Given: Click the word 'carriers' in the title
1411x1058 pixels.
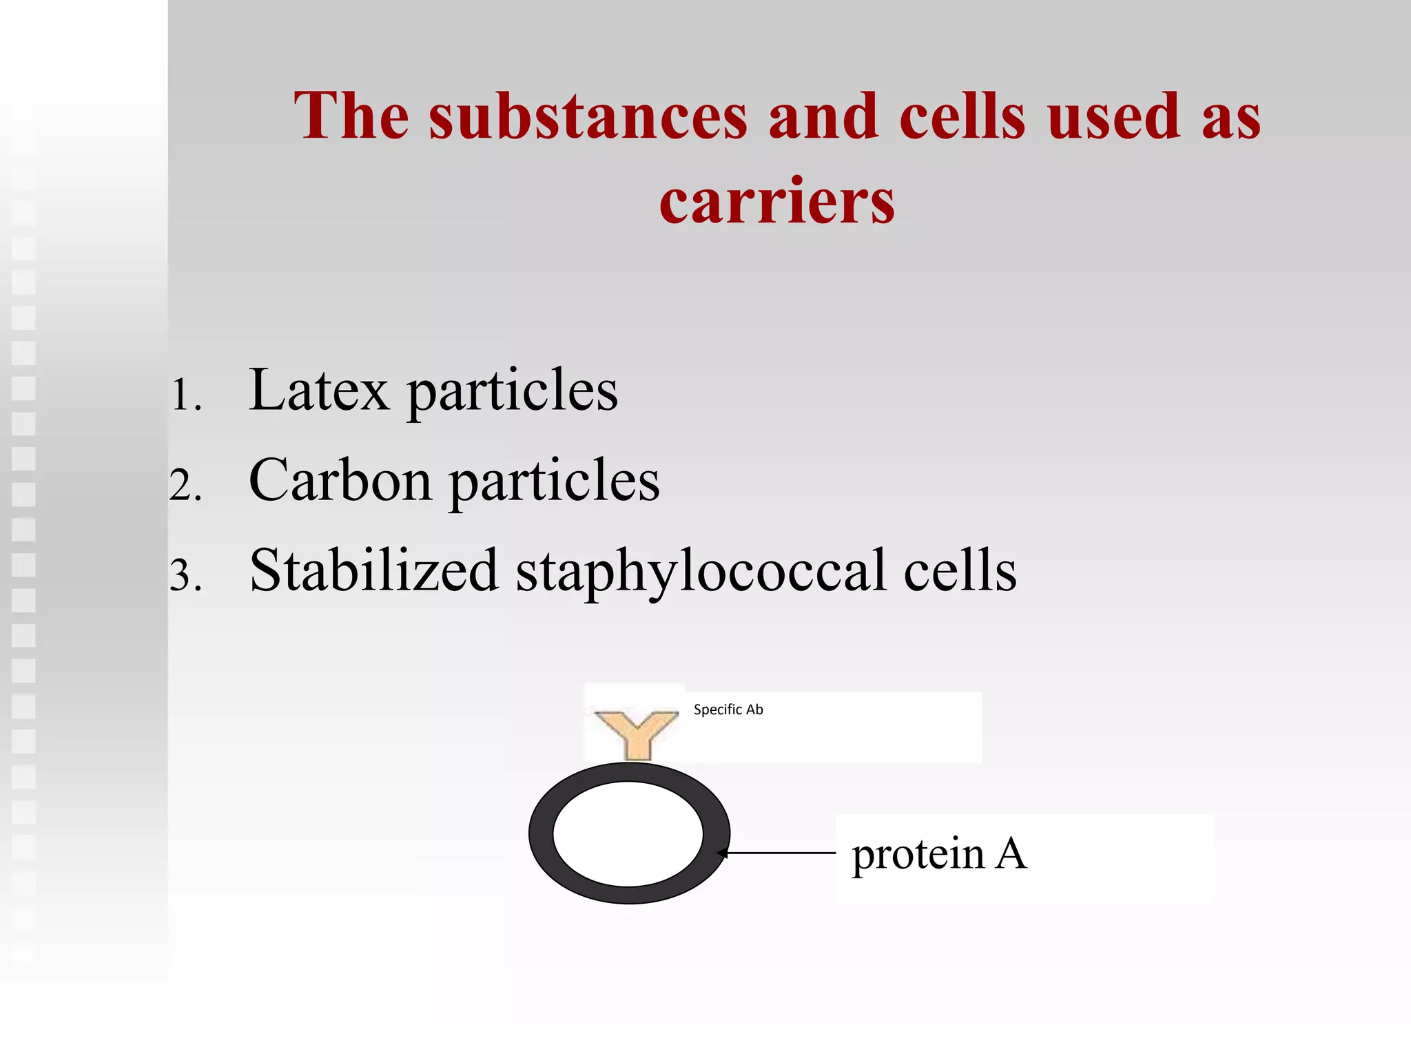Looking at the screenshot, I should click(x=776, y=201).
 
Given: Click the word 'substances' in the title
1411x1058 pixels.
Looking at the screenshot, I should click(x=588, y=116).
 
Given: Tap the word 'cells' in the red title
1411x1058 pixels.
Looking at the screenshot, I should click(x=962, y=116).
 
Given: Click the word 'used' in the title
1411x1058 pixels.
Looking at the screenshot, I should click(x=1114, y=116).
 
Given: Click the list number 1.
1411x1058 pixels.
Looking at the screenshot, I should click(x=185, y=396).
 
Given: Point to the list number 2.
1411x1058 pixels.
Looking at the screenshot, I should click(x=185, y=486).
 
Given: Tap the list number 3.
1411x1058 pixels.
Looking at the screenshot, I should click(x=185, y=576).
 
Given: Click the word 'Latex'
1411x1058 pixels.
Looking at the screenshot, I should click(x=318, y=391).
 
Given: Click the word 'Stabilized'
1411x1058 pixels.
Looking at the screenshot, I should click(x=373, y=570).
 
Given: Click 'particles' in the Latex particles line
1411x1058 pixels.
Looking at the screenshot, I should click(x=512, y=392).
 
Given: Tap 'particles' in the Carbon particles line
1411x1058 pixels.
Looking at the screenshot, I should click(x=555, y=481).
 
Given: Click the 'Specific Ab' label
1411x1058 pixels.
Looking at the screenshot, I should click(x=728, y=709).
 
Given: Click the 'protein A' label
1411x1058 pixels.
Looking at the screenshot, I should click(x=938, y=854).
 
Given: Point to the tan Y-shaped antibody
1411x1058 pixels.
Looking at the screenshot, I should click(x=636, y=733).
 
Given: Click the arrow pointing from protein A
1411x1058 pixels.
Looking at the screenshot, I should click(x=779, y=853).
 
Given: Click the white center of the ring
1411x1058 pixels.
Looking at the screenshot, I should click(x=628, y=833).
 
